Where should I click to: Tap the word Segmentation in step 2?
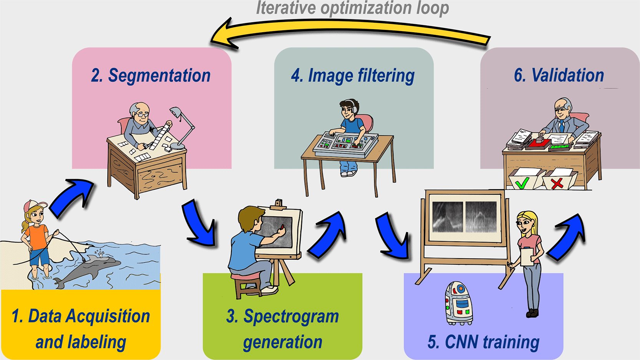(159, 76)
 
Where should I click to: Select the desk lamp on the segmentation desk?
(181, 128)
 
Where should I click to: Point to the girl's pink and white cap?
(35, 205)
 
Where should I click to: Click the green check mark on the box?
(522, 183)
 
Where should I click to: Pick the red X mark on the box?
(557, 183)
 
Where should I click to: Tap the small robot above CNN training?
(458, 303)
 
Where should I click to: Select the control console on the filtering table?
(346, 144)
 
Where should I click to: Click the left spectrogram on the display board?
(447, 217)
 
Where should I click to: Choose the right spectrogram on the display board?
(481, 217)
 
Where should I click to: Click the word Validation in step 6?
(567, 76)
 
